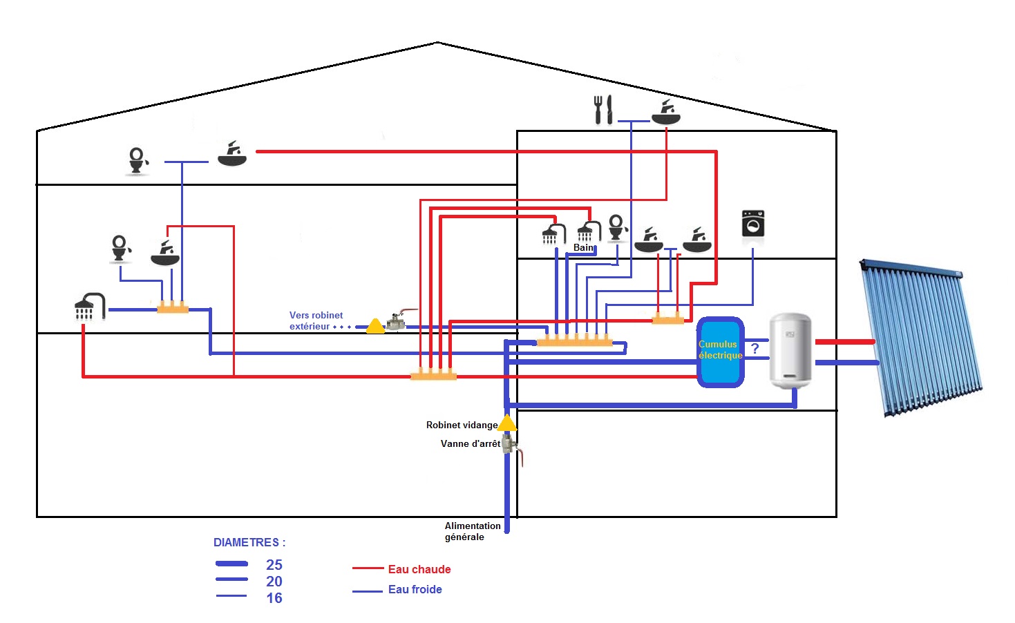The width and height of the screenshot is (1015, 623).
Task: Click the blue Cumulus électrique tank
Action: (720, 351)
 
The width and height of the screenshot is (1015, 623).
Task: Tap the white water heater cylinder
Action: (790, 350)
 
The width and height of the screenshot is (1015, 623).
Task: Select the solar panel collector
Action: (921, 338)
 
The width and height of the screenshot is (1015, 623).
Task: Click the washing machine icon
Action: (752, 224)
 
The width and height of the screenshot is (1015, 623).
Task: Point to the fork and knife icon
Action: (603, 110)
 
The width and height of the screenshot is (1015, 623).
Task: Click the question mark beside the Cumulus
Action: (755, 349)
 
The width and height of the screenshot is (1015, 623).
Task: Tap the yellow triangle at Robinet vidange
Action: (507, 423)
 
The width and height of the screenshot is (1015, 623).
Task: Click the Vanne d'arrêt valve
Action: (510, 445)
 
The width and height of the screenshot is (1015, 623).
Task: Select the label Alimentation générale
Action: (472, 531)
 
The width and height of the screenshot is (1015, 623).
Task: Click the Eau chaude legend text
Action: (419, 569)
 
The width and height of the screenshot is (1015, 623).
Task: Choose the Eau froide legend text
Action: (415, 589)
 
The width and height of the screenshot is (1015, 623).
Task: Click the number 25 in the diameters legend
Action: (274, 565)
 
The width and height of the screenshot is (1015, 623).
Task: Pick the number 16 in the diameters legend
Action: (274, 598)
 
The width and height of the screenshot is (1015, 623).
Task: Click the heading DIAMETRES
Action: (249, 543)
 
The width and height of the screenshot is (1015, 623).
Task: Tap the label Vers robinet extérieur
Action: (316, 320)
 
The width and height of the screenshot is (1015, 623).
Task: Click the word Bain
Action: (583, 247)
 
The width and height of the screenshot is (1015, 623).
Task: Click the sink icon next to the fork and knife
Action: (666, 113)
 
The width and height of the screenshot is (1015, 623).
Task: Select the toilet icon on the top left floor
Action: (137, 161)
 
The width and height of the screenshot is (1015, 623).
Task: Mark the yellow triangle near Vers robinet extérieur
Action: (375, 325)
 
